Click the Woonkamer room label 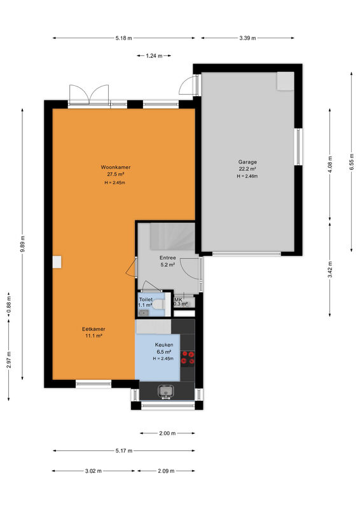[x=116, y=167]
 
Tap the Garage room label [x=247, y=162]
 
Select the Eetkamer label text [x=93, y=329]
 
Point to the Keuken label [x=164, y=345]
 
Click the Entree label [x=167, y=258]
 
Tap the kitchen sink [x=166, y=391]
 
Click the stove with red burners [x=188, y=358]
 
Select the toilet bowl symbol [x=158, y=305]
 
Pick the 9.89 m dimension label [x=22, y=244]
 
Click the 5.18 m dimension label [x=123, y=38]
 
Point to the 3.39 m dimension [x=247, y=38]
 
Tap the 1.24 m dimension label [x=154, y=56]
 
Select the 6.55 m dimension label [x=352, y=163]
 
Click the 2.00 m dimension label [x=167, y=433]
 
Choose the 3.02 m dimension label [x=93, y=471]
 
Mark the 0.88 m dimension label [x=9, y=305]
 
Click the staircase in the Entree [x=172, y=236]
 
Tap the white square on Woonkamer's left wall [x=57, y=262]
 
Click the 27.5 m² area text [x=116, y=174]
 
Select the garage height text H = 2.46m [x=247, y=176]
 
